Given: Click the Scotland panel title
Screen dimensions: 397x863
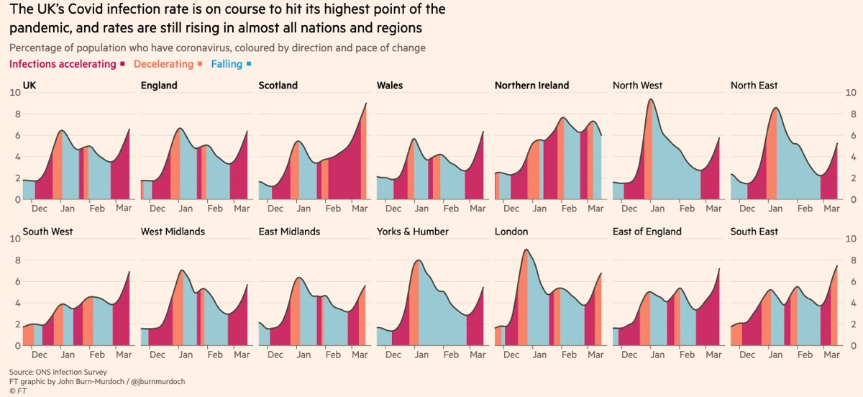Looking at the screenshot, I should tap(278, 86).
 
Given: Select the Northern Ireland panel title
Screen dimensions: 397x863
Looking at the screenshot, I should tap(531, 86).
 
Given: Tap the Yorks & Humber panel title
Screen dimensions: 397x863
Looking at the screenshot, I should tap(412, 232).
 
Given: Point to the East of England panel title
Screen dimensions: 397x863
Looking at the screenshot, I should tap(647, 232).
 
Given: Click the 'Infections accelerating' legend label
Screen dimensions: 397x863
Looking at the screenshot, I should tap(63, 64).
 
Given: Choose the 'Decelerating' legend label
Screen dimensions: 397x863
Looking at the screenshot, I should tap(164, 64).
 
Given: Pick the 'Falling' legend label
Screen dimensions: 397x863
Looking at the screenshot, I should tap(227, 64).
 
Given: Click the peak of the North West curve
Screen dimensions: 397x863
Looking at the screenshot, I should tap(651, 99).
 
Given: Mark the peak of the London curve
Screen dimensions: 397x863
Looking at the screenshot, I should tap(526, 250).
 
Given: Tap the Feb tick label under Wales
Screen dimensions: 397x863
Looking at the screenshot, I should tap(451, 209).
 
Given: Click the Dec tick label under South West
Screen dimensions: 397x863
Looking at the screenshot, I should tap(39, 355).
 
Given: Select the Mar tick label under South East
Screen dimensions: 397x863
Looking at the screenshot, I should tap(831, 355).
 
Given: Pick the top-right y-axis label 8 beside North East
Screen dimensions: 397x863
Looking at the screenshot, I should tap(850, 114).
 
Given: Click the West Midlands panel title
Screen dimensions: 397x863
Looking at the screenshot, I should tap(173, 232).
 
